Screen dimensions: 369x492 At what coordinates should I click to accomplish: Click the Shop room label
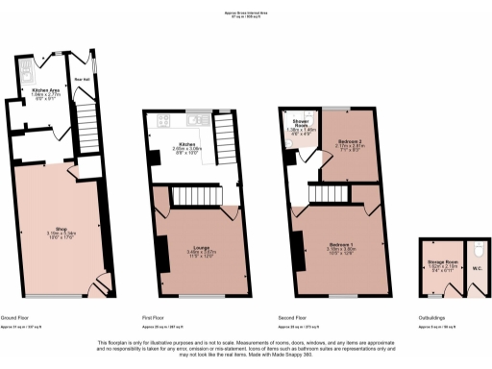click(61, 229)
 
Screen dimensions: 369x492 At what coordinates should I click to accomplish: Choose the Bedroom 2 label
click(349, 142)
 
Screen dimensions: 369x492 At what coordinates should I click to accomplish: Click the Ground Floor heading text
click(20, 317)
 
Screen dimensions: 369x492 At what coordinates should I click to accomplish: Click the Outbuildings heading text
click(432, 317)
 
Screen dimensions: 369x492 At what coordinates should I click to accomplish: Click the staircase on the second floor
click(325, 196)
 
